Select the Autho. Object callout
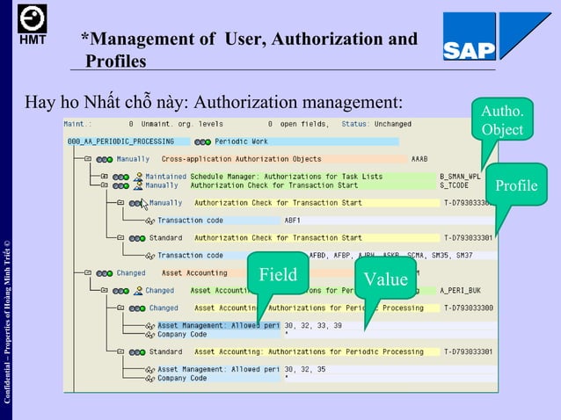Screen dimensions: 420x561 [502, 120]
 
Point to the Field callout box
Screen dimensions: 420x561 [277, 275]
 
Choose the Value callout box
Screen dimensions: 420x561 [386, 279]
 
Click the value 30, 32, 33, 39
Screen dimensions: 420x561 [313, 326]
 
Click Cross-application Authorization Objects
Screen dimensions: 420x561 [241, 159]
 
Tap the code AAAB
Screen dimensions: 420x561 [420, 159]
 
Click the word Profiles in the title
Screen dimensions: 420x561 [116, 60]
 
